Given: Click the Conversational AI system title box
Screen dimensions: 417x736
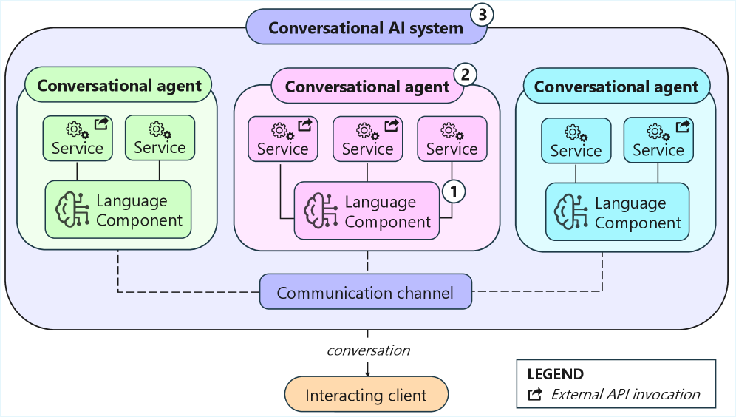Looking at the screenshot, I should [x=366, y=28].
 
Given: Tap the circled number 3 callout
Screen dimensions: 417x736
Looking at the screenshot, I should [x=482, y=15].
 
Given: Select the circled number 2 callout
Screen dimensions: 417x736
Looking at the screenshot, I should [x=464, y=73].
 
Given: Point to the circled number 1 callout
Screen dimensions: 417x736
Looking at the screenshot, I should [x=454, y=191].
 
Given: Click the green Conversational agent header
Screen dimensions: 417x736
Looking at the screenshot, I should [x=119, y=85].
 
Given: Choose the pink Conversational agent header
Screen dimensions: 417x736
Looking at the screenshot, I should [x=367, y=87].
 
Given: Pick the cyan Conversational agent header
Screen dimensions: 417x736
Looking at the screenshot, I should [x=616, y=87].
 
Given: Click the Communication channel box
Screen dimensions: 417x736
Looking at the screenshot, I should [x=365, y=293].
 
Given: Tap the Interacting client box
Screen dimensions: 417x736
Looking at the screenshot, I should [x=366, y=395].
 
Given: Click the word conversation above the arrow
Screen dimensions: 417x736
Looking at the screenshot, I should [x=368, y=350].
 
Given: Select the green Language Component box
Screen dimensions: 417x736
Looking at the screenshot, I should [x=118, y=210].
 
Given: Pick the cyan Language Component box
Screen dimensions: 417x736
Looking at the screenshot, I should [x=617, y=212].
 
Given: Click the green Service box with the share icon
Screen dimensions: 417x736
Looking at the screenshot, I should [x=77, y=138].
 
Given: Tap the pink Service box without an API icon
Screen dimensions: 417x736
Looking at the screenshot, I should [x=452, y=139].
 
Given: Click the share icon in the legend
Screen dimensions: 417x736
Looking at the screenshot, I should [x=535, y=394].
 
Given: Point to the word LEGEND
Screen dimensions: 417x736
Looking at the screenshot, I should [x=555, y=374].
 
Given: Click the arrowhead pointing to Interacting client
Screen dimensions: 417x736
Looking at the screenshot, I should [x=367, y=372].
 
